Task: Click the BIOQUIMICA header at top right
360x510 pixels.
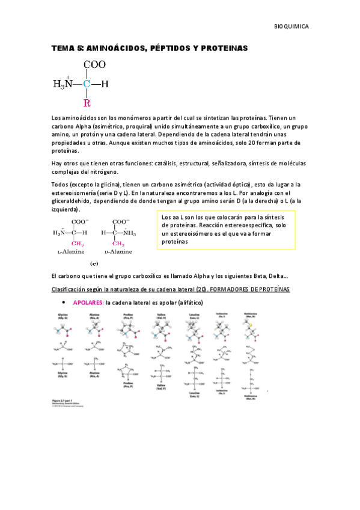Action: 291,27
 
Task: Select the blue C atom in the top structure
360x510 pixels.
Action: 87,84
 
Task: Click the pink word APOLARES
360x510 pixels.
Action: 88,303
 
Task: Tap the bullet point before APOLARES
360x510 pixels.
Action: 64,303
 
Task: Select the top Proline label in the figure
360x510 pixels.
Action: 127,315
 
